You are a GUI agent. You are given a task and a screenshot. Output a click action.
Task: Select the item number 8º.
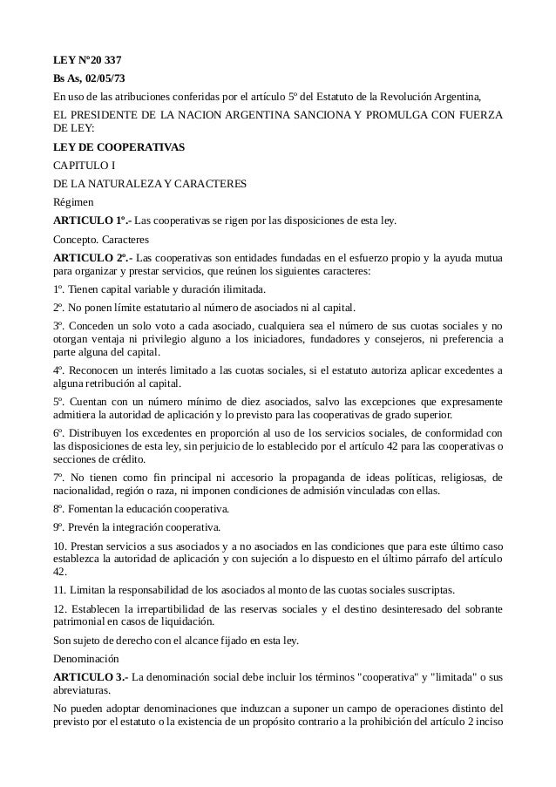pyautogui.click(x=58, y=508)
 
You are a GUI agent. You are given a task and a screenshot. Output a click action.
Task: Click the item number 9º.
pyautogui.click(x=58, y=526)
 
